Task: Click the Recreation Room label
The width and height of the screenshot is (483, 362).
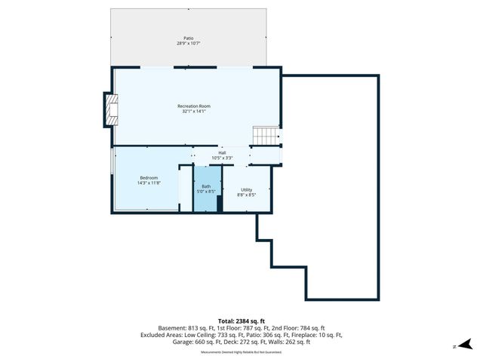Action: click(x=194, y=106)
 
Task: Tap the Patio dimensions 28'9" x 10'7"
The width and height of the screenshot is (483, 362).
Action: click(x=188, y=43)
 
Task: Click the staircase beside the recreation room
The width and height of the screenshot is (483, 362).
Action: click(x=265, y=136)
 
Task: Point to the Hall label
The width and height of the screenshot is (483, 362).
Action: click(x=222, y=152)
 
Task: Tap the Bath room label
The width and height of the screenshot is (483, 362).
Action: click(x=206, y=186)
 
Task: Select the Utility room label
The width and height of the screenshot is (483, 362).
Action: click(x=247, y=189)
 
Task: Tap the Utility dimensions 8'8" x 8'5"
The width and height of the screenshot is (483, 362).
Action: click(x=247, y=195)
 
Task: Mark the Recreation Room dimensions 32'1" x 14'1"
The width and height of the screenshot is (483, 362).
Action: click(x=194, y=112)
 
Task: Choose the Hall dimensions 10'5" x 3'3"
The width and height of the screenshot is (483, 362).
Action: click(x=222, y=158)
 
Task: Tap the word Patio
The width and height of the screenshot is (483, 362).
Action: click(x=188, y=38)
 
